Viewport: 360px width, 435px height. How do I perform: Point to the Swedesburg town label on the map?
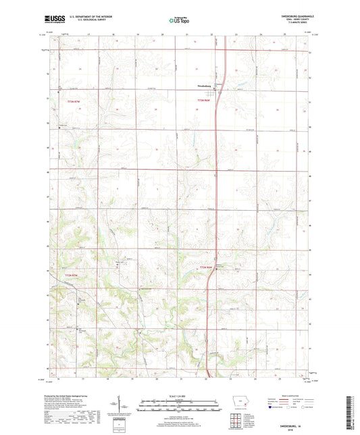(x=205, y=86)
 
